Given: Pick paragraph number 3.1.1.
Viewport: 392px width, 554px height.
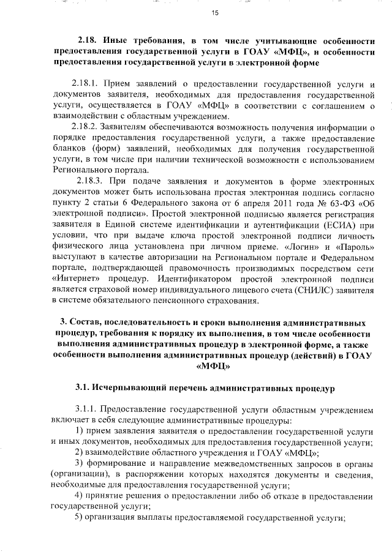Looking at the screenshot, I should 84,410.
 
